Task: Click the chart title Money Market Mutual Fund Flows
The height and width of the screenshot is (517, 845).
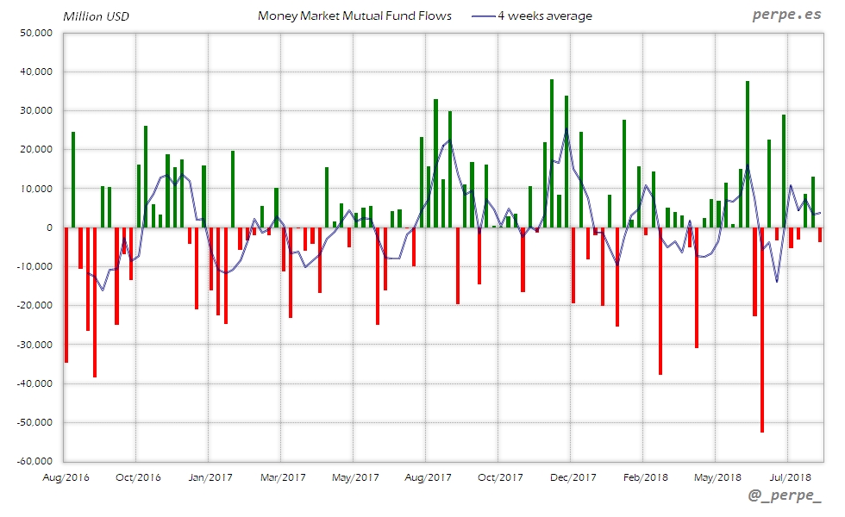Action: [x=354, y=16]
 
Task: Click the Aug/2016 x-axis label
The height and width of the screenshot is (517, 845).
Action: [x=66, y=477]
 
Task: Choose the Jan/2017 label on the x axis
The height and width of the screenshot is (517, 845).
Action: [x=210, y=477]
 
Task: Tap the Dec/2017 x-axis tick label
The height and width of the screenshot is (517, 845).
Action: [x=573, y=477]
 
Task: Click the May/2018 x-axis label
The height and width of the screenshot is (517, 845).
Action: [x=717, y=477]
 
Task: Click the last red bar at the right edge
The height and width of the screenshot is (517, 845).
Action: [x=820, y=234]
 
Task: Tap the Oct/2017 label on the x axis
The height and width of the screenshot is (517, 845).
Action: [x=500, y=477]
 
